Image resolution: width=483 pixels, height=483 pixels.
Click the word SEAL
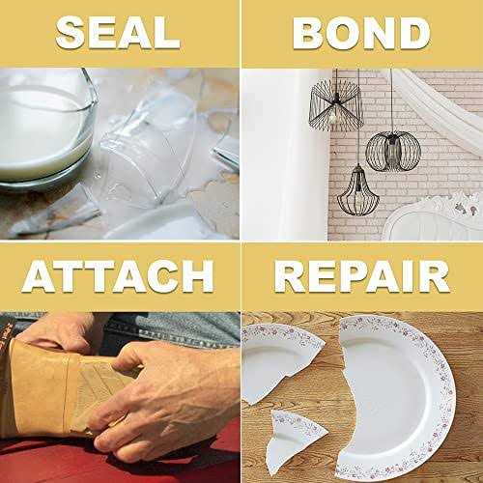click(x=119, y=32)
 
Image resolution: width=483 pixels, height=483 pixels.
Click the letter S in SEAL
click(x=72, y=32)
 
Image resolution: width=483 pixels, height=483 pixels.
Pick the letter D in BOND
click(x=412, y=32)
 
